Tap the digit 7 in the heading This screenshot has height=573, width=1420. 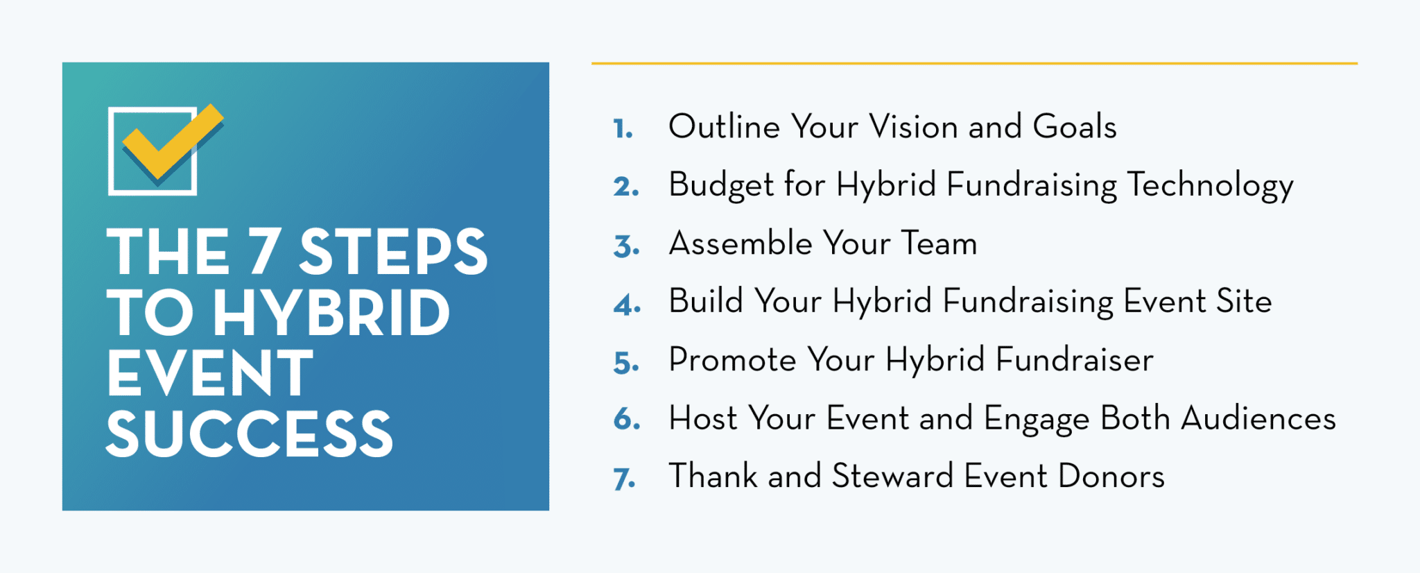pos(264,251)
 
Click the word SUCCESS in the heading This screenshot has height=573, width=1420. pos(250,434)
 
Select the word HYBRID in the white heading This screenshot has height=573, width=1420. pos(331,313)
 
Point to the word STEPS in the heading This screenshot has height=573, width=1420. pos(393,251)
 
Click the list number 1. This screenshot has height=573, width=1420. pos(623,129)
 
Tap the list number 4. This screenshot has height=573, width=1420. pos(627,305)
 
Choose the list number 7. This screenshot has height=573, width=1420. pos(624,479)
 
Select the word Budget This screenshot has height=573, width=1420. pos(721,185)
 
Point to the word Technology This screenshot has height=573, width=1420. pos(1210,186)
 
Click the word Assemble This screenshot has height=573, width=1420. pos(741,243)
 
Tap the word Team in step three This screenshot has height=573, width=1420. pos(939,243)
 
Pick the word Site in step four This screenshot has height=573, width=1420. pos(1244,302)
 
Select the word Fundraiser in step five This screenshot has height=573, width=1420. pos(1075,360)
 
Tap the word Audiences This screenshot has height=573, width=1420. pos(1258,418)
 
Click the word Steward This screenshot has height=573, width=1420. pos(892,477)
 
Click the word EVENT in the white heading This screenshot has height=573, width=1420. pos(210,373)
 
